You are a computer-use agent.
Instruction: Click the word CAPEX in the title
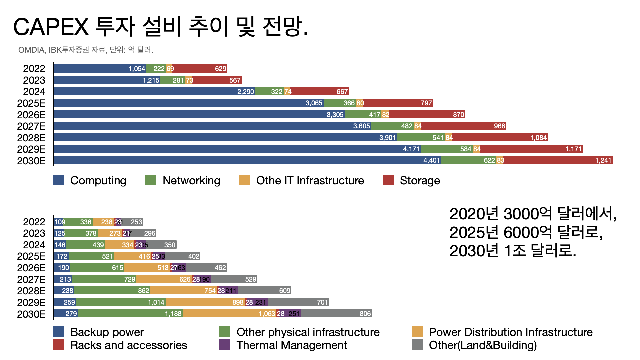[51, 27]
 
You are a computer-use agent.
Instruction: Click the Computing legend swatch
[58, 180]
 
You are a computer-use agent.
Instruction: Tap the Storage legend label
[420, 180]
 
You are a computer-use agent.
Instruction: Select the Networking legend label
[191, 180]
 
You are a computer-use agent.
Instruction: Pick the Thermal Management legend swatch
[225, 345]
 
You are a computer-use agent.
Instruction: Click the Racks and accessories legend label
[129, 345]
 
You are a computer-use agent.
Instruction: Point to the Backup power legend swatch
[58, 332]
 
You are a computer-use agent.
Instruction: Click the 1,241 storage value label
[603, 160]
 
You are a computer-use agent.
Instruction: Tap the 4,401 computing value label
[431, 160]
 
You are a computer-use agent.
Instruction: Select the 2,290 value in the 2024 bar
[246, 92]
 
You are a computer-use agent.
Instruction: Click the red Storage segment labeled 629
[200, 69]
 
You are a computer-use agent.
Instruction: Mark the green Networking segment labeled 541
[421, 138]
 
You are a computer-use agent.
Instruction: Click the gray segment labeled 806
[336, 314]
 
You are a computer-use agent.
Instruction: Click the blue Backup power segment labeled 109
[59, 222]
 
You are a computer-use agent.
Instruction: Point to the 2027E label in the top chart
[31, 126]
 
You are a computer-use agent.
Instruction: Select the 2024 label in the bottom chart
[34, 245]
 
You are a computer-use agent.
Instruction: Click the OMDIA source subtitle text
[86, 50]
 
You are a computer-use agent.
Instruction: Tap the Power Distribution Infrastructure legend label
[511, 332]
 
